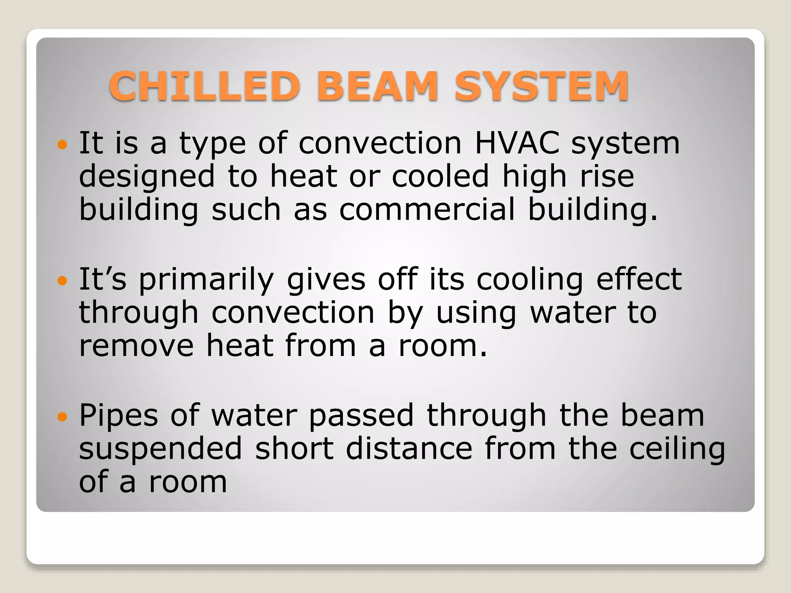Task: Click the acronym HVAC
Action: pos(517,143)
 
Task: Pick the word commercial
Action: pos(427,210)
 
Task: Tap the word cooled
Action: pos(441,176)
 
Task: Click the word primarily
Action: pos(206,280)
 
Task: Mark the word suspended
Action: pos(161,449)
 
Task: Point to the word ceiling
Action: pos(677,450)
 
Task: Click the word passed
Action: pos(361,416)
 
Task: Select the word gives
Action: pos(326,280)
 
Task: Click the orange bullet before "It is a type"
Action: pos(62,145)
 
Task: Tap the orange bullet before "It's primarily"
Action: pos(62,281)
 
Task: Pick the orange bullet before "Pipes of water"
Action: pos(62,417)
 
